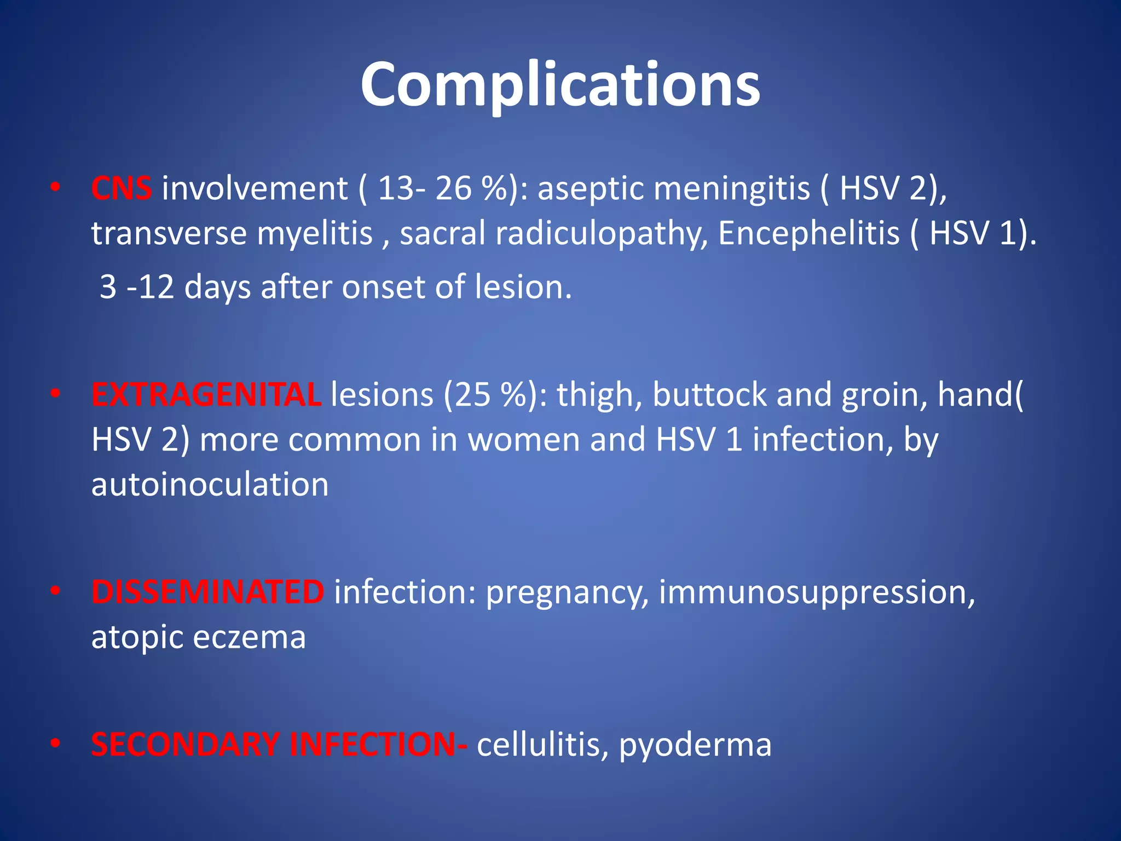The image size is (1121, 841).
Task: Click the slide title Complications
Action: click(x=560, y=85)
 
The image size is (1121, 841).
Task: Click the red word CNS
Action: click(x=122, y=189)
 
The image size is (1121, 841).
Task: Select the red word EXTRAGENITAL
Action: click(x=206, y=395)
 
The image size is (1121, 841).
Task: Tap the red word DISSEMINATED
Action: click(x=207, y=592)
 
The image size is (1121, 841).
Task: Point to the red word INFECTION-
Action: click(x=378, y=745)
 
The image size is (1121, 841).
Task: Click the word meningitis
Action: click(x=732, y=189)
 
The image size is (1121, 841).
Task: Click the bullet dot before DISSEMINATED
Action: click(x=55, y=591)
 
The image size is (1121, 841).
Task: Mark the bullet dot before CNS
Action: click(x=55, y=188)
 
